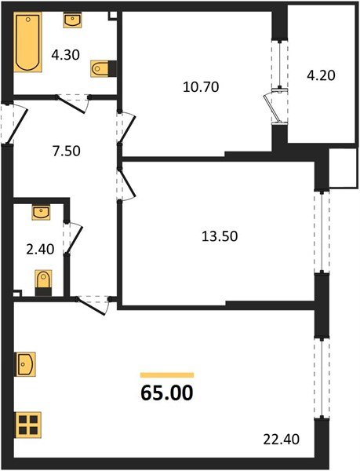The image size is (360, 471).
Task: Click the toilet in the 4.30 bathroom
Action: point(101,69)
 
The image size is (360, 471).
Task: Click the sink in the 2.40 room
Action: point(41,212)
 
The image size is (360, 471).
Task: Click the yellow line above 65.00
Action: point(167,375)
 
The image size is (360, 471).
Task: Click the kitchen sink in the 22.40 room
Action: point(24,365)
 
